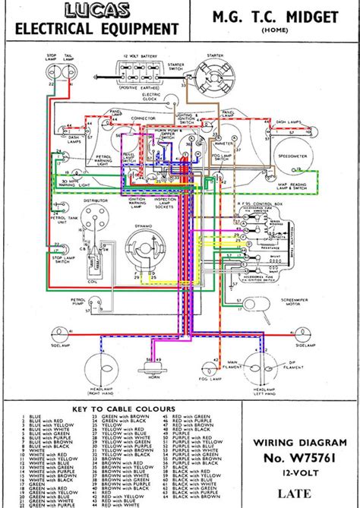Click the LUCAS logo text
[96, 11]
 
